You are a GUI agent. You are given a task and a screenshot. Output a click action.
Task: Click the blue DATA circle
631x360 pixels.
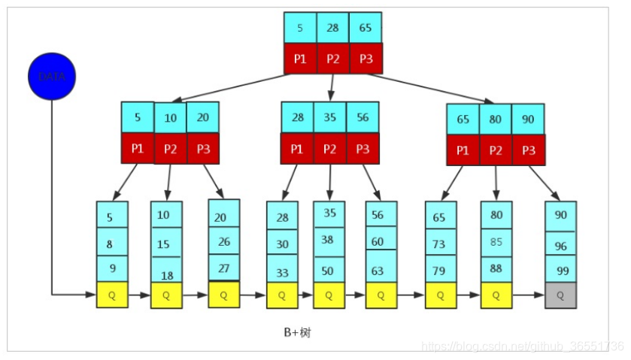tap(52, 77)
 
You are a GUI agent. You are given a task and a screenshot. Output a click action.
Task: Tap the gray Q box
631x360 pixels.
tap(560, 295)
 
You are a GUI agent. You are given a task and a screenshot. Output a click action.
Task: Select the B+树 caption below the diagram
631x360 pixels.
tap(297, 332)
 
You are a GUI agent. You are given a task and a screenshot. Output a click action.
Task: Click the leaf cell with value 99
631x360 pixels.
tap(560, 269)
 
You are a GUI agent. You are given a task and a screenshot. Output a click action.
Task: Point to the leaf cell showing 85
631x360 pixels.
tap(496, 242)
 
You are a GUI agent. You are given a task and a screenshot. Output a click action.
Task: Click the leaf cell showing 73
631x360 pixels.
tap(440, 244)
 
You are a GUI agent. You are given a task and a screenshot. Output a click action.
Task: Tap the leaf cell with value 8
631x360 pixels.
tap(112, 244)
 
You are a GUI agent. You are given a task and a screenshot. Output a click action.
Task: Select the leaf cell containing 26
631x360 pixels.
tap(223, 242)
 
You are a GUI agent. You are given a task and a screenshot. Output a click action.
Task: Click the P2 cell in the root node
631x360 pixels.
tap(332, 59)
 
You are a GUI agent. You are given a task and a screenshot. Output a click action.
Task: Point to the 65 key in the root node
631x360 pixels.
tap(366, 28)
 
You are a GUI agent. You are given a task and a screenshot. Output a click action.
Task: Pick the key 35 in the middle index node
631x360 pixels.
tap(330, 117)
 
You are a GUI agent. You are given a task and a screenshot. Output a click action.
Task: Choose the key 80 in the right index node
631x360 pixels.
tap(496, 119)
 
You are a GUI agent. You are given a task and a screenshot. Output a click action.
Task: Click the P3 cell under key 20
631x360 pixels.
tap(203, 148)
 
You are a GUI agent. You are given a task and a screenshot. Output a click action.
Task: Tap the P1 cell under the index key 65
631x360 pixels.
tap(463, 150)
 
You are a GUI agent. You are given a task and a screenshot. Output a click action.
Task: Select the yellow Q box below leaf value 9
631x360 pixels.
tap(112, 295)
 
